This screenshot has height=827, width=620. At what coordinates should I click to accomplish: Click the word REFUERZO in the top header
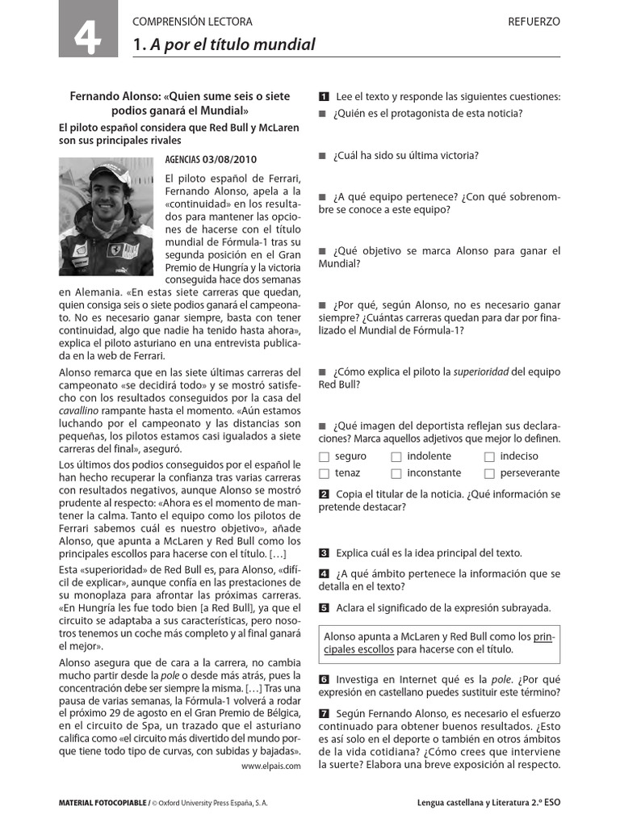click(x=534, y=22)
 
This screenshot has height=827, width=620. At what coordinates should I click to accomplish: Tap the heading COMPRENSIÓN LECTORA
click(x=192, y=22)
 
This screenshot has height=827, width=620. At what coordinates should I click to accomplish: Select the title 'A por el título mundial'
click(x=232, y=44)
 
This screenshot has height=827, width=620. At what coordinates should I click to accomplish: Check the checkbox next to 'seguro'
click(x=325, y=457)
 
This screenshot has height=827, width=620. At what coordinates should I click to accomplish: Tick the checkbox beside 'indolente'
click(x=396, y=457)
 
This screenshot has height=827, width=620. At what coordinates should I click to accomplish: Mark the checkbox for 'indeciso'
click(x=489, y=457)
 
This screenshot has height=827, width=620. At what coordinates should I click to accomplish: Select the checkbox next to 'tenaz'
click(x=325, y=474)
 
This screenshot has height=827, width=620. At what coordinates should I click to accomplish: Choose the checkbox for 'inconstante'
click(x=396, y=474)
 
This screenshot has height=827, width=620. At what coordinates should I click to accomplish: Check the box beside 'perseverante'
click(x=489, y=474)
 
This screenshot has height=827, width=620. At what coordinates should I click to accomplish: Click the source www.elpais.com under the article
click(x=270, y=766)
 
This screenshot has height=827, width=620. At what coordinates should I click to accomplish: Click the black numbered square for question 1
click(x=324, y=97)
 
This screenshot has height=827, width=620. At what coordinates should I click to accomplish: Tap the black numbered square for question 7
click(x=324, y=713)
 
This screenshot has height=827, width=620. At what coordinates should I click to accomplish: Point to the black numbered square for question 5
click(x=324, y=608)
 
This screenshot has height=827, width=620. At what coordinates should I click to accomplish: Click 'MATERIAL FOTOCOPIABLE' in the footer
click(x=102, y=804)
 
